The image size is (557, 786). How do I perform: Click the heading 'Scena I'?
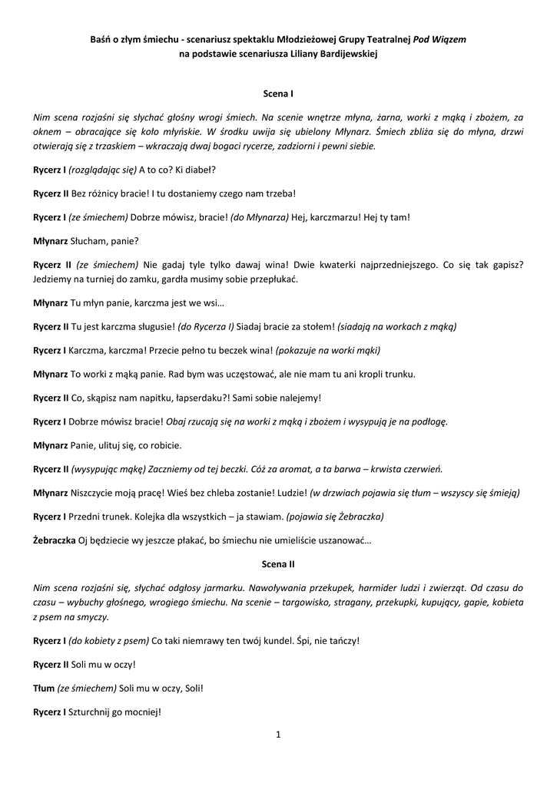pyautogui.click(x=277, y=94)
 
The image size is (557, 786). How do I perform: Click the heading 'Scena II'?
pyautogui.click(x=277, y=564)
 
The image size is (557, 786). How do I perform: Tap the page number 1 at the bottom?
pyautogui.click(x=278, y=735)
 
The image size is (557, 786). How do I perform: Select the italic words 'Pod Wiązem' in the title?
pyautogui.click(x=439, y=38)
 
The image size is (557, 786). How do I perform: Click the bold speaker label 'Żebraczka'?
pyautogui.click(x=54, y=540)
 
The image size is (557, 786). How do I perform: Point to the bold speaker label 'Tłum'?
pyautogui.click(x=44, y=688)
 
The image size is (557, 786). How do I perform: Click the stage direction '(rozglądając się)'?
pyautogui.click(x=102, y=169)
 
